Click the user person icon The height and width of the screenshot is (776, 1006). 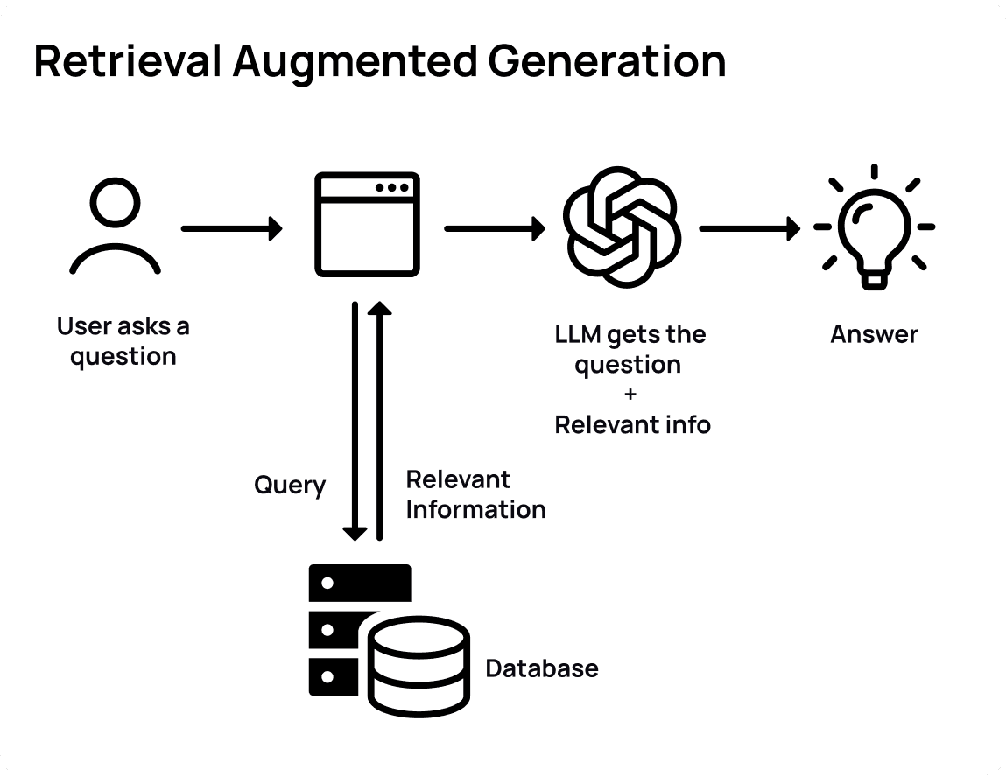(115, 228)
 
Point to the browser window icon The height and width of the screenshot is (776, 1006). (367, 224)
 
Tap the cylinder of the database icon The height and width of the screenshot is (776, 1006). (417, 667)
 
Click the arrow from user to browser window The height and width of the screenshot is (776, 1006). (232, 229)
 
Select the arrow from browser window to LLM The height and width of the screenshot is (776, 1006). (495, 229)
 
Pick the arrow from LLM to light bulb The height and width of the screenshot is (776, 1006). (749, 229)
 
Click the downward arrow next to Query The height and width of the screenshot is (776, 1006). (355, 421)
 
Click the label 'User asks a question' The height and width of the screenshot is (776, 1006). (123, 341)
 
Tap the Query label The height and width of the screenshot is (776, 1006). (290, 485)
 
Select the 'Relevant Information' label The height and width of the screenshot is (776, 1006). (475, 494)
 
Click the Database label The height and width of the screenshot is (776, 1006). (542, 668)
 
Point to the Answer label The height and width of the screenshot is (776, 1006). (874, 334)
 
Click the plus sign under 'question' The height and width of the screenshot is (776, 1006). (632, 395)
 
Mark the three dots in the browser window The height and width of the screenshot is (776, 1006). (390, 187)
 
